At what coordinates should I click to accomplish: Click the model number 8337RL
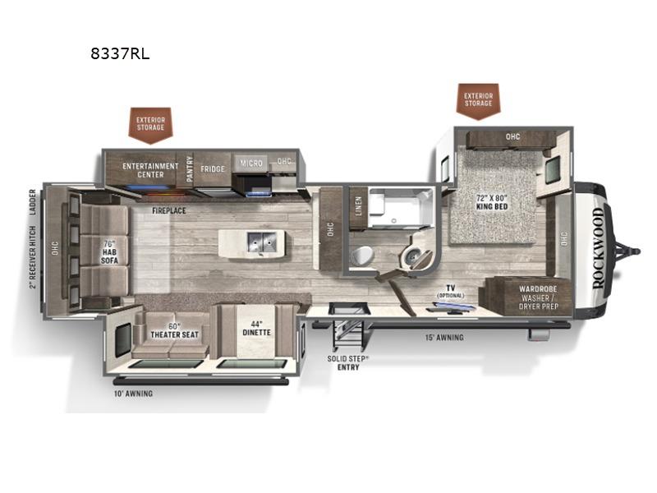coord(121,55)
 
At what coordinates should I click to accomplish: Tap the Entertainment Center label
coord(150,170)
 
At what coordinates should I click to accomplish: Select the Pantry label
coord(190,168)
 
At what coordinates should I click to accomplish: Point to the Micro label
coord(251,164)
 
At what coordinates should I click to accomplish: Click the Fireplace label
coord(169,210)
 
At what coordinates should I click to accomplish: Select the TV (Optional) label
coord(451,292)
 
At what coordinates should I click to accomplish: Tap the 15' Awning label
coord(443,338)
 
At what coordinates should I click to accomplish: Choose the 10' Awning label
coord(133,394)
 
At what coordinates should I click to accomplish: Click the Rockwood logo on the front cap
coord(597,246)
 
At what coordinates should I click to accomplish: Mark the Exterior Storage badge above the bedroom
coord(478,99)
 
